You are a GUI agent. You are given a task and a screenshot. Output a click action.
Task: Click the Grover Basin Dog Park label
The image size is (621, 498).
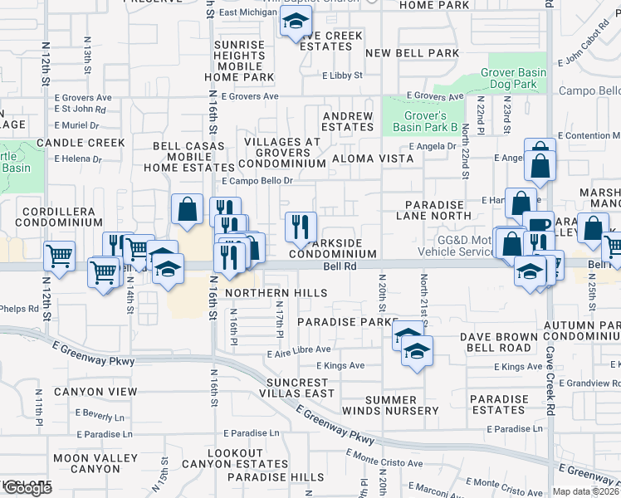[x=513, y=78]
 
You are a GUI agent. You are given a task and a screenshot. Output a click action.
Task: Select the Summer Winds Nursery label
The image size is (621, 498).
[x=402, y=405]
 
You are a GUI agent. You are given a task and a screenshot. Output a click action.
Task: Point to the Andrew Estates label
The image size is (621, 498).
[x=347, y=121]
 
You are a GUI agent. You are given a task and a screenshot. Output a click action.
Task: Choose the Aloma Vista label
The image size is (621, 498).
[x=372, y=158]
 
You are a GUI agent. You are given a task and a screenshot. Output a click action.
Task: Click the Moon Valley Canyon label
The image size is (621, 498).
[x=95, y=463]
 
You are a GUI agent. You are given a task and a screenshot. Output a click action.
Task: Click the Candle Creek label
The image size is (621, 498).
[x=81, y=143]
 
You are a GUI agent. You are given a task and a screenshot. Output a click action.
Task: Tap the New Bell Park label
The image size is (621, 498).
[x=412, y=53]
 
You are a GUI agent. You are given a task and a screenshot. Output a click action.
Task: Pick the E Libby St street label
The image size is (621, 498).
[x=343, y=76]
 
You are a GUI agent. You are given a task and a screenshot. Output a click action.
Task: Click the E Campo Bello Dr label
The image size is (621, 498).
[x=257, y=181]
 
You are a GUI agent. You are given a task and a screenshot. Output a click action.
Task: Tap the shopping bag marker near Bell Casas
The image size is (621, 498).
[x=187, y=209]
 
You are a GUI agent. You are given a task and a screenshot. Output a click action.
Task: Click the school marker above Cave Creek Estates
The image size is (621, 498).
[x=295, y=23]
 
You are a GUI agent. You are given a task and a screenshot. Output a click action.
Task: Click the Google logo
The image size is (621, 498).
[x=27, y=488]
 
